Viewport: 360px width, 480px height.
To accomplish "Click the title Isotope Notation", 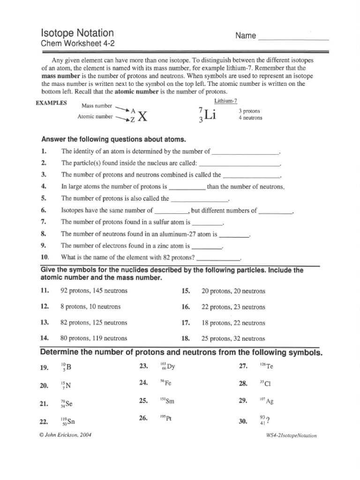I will point(77,33).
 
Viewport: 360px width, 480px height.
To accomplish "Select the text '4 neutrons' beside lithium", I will point(251,118).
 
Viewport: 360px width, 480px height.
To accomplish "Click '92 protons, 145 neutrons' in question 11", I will point(94,291).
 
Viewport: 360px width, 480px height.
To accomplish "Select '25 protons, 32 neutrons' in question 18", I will point(233,338).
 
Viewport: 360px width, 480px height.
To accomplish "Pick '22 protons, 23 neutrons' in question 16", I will point(233,307).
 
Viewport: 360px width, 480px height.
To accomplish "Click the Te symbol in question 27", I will point(269,366).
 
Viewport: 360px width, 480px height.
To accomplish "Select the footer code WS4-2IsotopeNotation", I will point(291,435).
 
